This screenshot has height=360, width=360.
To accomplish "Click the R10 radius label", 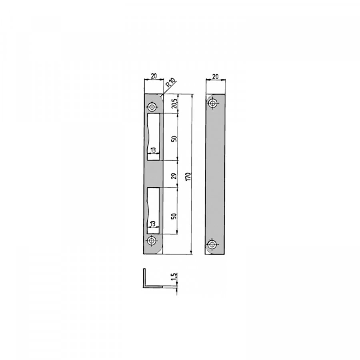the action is [170, 82].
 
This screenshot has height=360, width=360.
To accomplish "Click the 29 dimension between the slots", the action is [174, 176].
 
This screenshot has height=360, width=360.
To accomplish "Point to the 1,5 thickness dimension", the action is [174, 276].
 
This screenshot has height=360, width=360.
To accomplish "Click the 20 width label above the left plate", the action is [154, 76].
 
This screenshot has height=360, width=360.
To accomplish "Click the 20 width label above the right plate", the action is [215, 76].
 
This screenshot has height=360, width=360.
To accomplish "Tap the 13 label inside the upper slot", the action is [153, 150].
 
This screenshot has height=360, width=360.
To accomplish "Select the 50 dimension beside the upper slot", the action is [174, 138].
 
